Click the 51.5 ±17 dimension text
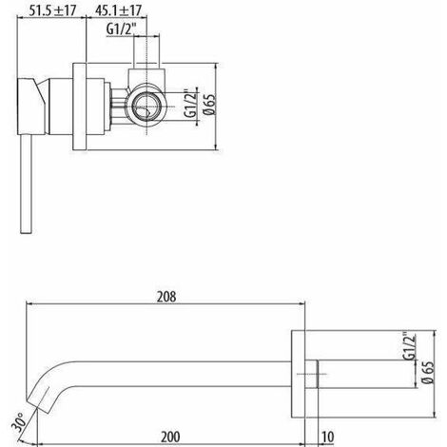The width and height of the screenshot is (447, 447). point(52,10)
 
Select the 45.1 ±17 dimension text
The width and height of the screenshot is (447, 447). point(118,10)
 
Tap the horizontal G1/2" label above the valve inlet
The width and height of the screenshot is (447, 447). point(122,29)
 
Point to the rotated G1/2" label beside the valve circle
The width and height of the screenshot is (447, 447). point(191,104)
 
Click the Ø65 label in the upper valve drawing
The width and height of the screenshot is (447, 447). point(210,104)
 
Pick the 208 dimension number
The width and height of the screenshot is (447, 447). point(166,297)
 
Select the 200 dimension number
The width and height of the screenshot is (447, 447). point(170,437)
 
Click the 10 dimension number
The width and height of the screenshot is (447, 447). point(327,437)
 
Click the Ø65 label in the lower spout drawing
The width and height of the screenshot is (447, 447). point(428,373)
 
